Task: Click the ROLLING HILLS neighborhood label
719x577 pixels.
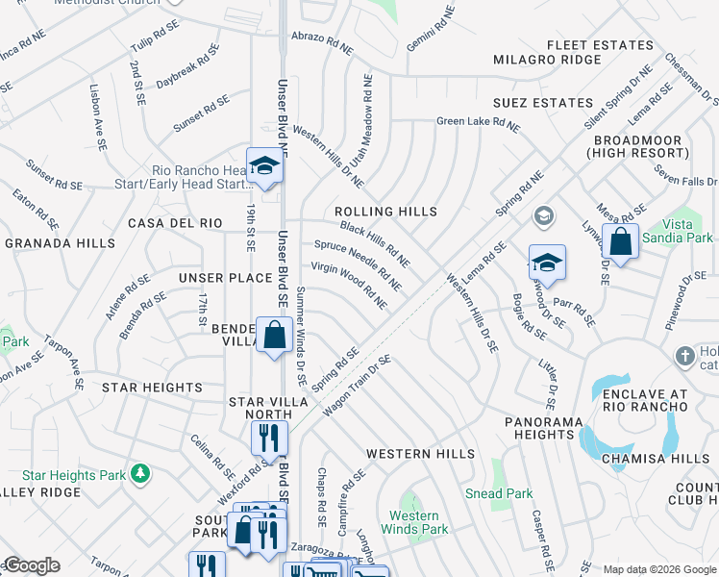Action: (385, 212)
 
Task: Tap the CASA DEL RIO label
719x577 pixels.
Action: (175, 223)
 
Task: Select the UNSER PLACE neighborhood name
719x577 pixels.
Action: (226, 278)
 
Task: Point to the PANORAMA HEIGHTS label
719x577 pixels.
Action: (544, 428)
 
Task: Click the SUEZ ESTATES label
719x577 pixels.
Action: (543, 103)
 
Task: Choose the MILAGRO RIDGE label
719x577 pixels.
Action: (546, 60)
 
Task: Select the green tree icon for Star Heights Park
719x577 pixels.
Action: (140, 473)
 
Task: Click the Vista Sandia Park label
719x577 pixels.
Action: (688, 231)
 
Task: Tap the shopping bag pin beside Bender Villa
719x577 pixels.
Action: (274, 336)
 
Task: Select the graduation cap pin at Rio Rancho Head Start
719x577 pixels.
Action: (264, 165)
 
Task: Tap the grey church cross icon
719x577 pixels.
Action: (684, 355)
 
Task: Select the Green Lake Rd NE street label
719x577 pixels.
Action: (478, 123)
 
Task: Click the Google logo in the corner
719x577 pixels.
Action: (31, 565)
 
